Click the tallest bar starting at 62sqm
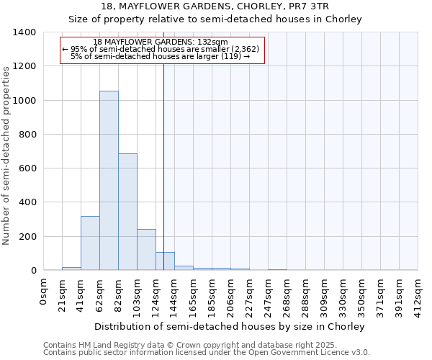click(109, 180)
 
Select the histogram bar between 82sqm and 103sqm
click(127, 212)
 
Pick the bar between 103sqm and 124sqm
click(146, 250)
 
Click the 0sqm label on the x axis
click(44, 291)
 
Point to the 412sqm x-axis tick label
click(418, 295)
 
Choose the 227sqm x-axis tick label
click(249, 295)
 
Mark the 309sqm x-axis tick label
click(324, 295)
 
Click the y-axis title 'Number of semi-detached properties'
click(6, 155)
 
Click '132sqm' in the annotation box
click(214, 42)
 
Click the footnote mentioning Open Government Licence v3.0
click(207, 352)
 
